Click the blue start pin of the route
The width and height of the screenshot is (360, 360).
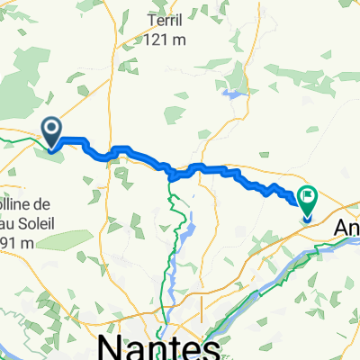click(52, 132)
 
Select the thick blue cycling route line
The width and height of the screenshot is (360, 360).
click(216, 167)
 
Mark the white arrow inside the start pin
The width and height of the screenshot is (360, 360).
click(52, 131)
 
